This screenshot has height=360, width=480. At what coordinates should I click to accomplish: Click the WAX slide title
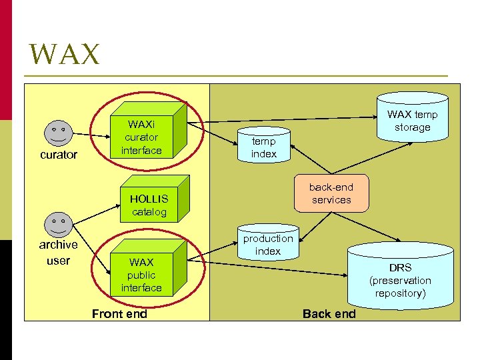(65, 54)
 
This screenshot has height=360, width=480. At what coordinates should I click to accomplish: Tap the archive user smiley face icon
(59, 224)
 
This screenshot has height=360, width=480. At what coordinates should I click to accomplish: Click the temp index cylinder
(264, 144)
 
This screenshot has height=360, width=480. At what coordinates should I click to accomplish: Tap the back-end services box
(331, 194)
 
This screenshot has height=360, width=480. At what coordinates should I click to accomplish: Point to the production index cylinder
(268, 243)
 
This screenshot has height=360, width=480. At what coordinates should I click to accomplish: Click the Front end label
(119, 313)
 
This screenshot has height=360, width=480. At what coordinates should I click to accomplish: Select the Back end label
(329, 313)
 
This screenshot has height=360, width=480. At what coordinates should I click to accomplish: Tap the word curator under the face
(59, 155)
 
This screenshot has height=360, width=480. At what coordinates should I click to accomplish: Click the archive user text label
(58, 253)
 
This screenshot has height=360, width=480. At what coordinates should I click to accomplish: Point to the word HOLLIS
(149, 199)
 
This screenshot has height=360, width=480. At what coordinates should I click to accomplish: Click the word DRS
(401, 268)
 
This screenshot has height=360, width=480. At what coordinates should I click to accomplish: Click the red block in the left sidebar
(6, 60)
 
